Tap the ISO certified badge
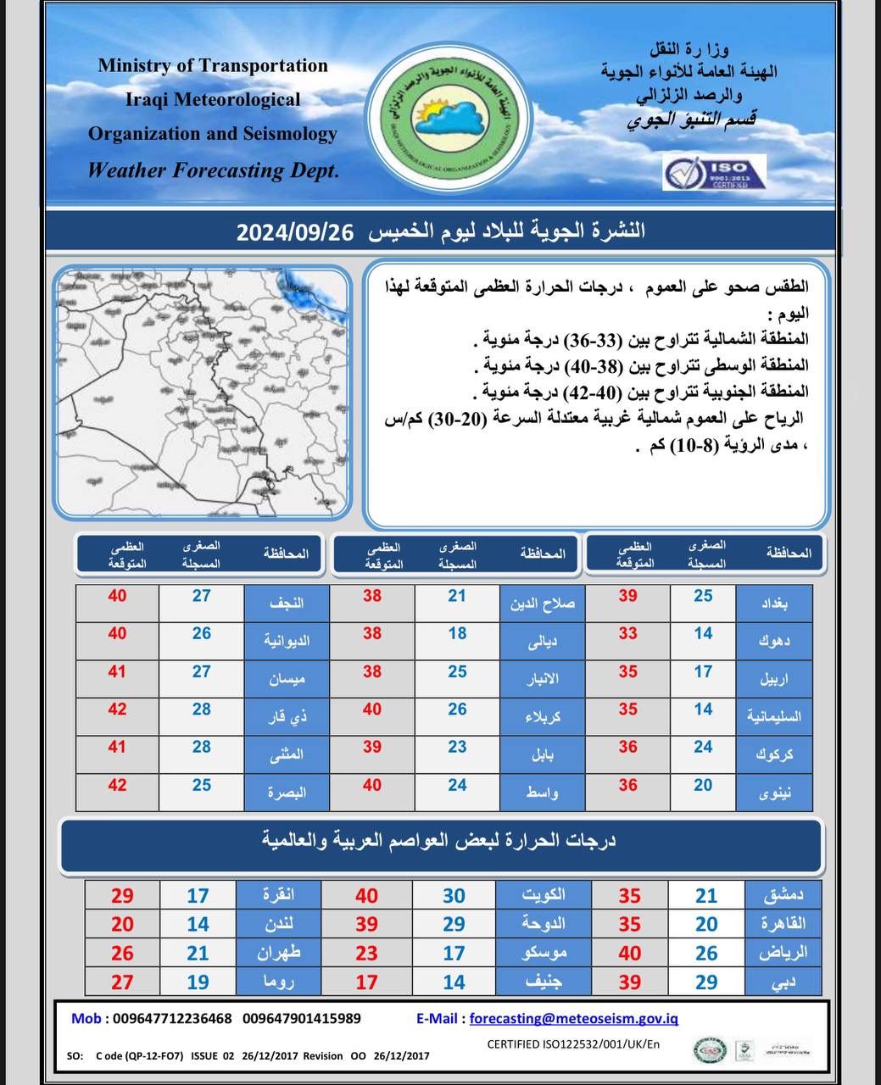(714, 172)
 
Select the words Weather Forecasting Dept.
(214, 170)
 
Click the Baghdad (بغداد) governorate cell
(773, 604)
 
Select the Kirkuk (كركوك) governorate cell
(773, 754)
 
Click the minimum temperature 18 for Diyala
(457, 633)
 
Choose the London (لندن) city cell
(280, 924)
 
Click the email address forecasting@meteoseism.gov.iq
(573, 1019)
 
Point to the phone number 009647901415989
(302, 1019)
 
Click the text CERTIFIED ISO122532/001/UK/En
(573, 1044)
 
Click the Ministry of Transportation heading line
(213, 65)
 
